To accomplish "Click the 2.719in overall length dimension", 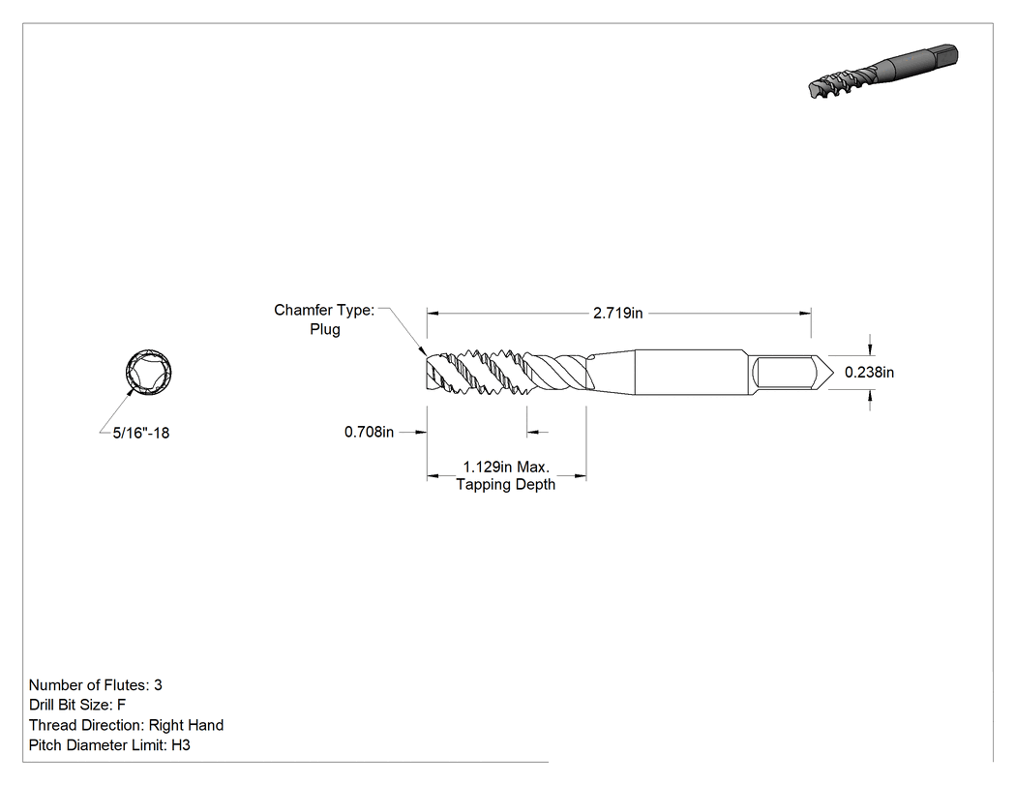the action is pyautogui.click(x=617, y=313).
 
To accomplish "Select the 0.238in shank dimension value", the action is pyautogui.click(x=869, y=372).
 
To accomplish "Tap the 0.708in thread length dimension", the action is pyautogui.click(x=369, y=432).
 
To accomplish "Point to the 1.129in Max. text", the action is pyautogui.click(x=506, y=467).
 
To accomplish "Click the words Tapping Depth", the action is pyautogui.click(x=505, y=484).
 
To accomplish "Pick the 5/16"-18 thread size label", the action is pyautogui.click(x=141, y=433).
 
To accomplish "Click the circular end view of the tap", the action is pyautogui.click(x=148, y=372).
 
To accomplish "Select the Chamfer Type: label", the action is pyautogui.click(x=324, y=310).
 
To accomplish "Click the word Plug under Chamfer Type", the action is pyautogui.click(x=324, y=329).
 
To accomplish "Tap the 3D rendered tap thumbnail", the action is pyautogui.click(x=883, y=72).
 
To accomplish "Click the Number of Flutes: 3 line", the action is pyautogui.click(x=95, y=685).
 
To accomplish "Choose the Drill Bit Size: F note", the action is pyautogui.click(x=77, y=705).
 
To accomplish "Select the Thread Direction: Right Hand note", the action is pyautogui.click(x=126, y=725).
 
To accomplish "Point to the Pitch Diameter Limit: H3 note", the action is pyautogui.click(x=109, y=744).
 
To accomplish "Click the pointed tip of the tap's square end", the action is pyautogui.click(x=833, y=373).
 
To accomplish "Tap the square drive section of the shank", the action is pyautogui.click(x=784, y=373).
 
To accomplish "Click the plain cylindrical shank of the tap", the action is pyautogui.click(x=692, y=372).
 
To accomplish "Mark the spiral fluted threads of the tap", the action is pyautogui.click(x=507, y=373).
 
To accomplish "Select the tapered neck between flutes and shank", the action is pyautogui.click(x=612, y=372).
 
